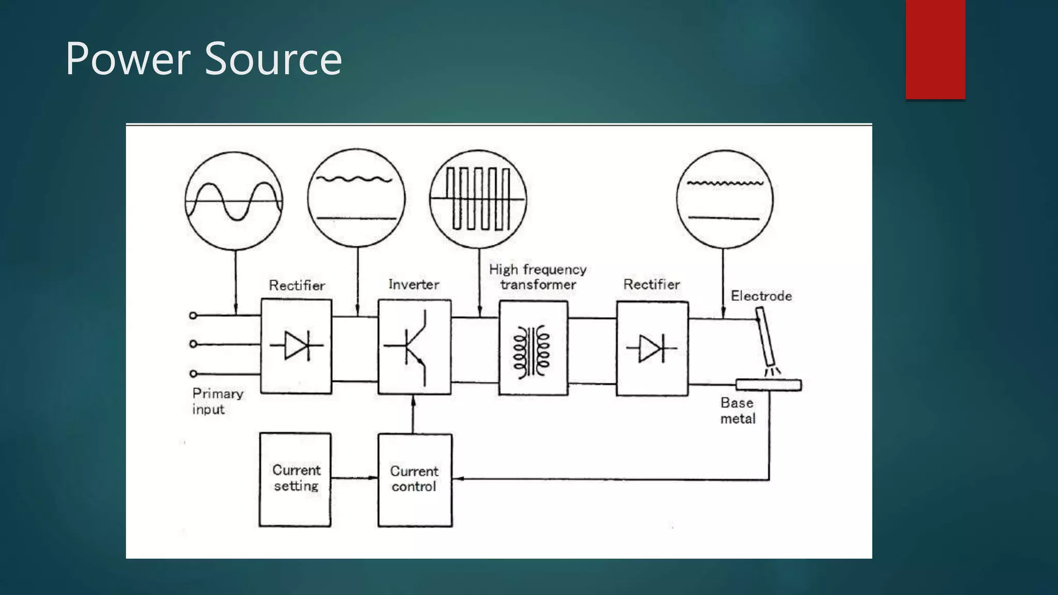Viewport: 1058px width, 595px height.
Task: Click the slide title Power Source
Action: point(204,59)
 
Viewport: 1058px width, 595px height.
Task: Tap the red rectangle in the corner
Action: point(935,49)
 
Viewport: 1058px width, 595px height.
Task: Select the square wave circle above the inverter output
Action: point(478,198)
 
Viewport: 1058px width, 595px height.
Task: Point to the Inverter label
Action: point(414,285)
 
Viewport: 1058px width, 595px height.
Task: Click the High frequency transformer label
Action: point(538,277)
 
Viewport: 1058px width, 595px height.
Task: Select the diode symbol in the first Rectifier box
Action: point(297,346)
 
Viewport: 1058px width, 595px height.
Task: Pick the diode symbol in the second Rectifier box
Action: point(651,348)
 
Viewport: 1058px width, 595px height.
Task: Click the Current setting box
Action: point(295,479)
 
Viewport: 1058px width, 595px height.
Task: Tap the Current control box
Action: point(414,480)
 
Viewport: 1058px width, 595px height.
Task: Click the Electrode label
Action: point(761,296)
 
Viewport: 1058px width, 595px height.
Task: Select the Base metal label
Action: point(738,411)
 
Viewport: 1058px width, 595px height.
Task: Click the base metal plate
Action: point(768,385)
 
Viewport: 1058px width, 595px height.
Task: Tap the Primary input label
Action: point(217,401)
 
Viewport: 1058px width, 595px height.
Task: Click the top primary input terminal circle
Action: point(193,315)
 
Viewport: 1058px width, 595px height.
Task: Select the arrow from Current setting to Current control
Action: point(354,478)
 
